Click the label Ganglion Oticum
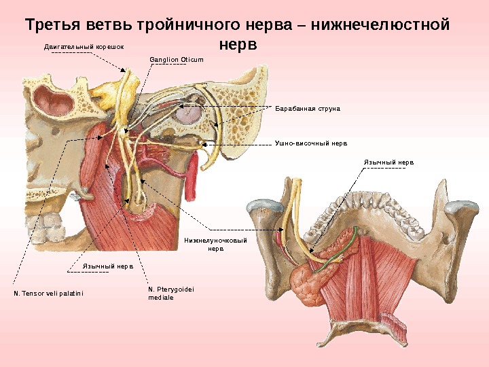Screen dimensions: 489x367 176,60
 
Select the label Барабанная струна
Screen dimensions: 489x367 307,108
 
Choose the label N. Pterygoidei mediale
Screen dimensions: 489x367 170,294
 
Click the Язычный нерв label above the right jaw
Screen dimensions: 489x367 388,163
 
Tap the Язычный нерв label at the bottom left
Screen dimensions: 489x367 107,266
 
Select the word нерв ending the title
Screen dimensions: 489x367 239,45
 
